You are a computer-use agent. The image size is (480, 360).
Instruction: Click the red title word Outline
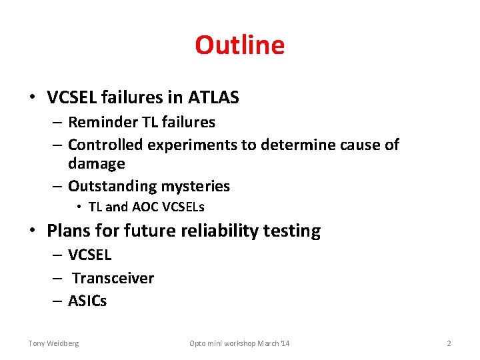239,45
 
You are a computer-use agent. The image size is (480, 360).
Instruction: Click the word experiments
193,145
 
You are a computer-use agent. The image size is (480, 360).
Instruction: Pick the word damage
96,163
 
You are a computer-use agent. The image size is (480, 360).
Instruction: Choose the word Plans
66,231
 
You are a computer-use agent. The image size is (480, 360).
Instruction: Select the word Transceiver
113,278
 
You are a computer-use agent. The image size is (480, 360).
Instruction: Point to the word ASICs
87,301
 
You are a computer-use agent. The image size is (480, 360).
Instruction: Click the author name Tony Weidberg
53,343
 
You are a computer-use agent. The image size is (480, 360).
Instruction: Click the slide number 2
449,343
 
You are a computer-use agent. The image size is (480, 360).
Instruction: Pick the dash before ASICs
58,301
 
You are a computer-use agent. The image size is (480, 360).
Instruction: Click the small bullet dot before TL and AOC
79,207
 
